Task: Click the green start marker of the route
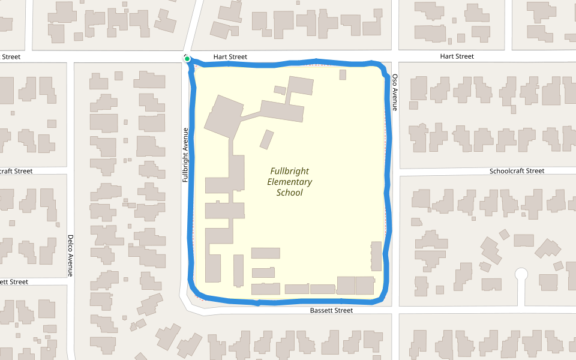[187, 59]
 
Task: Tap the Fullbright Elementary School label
[289, 182]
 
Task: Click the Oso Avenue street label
[395, 92]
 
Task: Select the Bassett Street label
[331, 310]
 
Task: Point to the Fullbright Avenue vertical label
[186, 155]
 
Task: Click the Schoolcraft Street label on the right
[517, 171]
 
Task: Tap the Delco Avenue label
[70, 255]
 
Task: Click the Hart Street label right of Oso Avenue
[457, 56]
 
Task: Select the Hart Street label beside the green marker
[230, 57]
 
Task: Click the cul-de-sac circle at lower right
[521, 274]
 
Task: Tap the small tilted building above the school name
[266, 139]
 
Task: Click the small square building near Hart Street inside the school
[343, 74]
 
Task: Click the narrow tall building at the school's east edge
[376, 256]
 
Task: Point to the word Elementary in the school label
[289, 182]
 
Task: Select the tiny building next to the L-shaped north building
[280, 90]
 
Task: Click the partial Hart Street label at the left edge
[10, 57]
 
